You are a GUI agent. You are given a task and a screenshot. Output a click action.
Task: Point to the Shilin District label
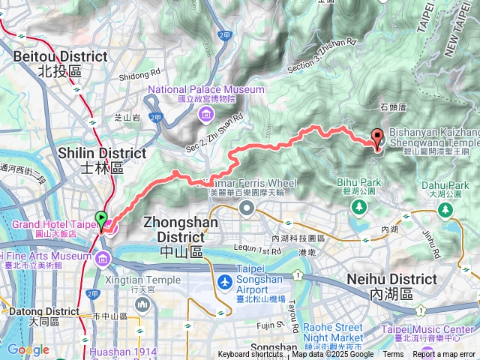[x=102, y=159]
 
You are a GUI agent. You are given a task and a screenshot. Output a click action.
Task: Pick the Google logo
[x=27, y=349]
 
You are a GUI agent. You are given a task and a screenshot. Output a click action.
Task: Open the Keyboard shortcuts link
[x=250, y=355]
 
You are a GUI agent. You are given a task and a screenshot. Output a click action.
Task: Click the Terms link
[x=393, y=355]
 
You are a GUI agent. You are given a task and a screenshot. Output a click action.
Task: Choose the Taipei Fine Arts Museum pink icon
[x=102, y=258]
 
